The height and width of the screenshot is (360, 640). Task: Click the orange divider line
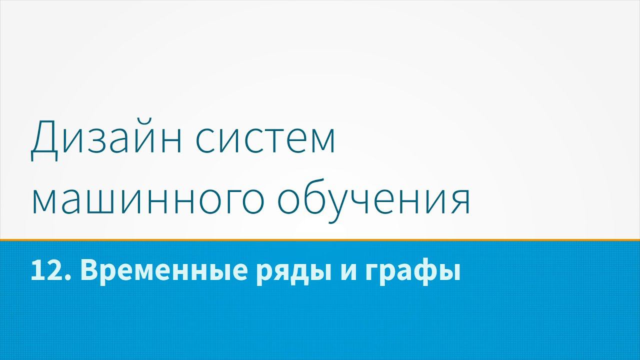tap(320, 240)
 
